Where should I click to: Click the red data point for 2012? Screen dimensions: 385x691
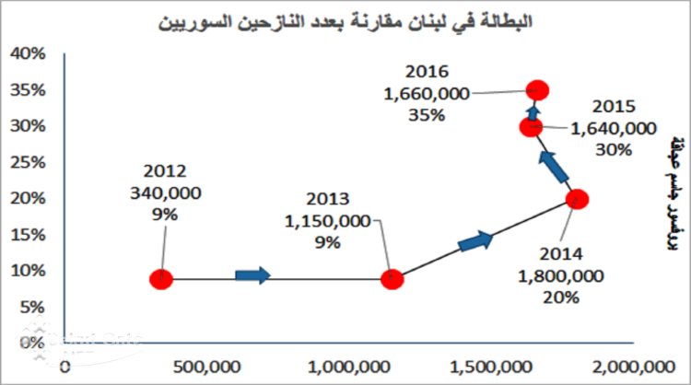[x=161, y=279]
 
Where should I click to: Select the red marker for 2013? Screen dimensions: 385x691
[x=392, y=279]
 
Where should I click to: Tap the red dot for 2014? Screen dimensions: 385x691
[x=577, y=199]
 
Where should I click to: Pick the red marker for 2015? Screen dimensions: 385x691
[x=531, y=127]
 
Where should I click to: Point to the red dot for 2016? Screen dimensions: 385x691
[x=538, y=89]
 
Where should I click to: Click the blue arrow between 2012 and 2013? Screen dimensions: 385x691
[x=253, y=274]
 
